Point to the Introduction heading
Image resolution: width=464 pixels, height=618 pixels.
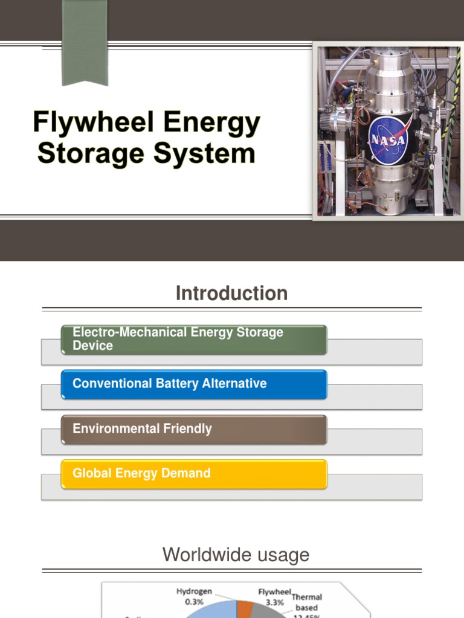coord(231,293)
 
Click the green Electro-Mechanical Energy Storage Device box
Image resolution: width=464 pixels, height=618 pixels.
coord(194,339)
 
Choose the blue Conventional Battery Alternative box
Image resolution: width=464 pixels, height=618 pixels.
coord(194,384)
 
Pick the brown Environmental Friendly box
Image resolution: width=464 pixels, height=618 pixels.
coord(194,429)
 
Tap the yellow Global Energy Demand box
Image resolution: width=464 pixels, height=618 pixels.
coord(194,474)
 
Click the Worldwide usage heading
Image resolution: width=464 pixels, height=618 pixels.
coord(236,555)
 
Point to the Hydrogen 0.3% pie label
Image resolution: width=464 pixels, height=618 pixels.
coord(193,597)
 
